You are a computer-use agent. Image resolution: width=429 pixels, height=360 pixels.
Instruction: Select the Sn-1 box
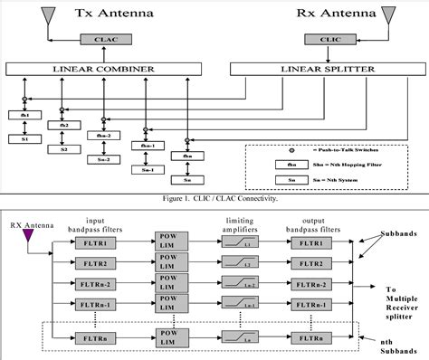pyautogui.click(x=143, y=168)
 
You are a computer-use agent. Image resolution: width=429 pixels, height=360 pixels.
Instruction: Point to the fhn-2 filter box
pyautogui.click(x=105, y=137)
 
